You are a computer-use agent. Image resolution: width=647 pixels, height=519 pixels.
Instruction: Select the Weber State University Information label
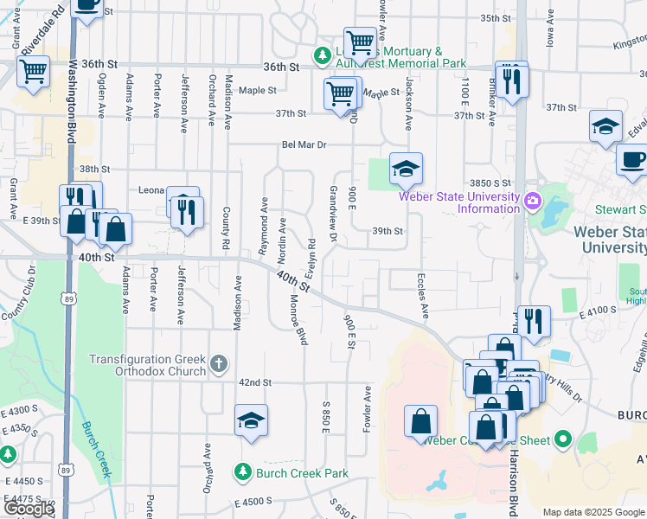(458, 202)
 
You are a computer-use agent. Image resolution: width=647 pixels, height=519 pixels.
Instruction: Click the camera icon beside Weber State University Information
(532, 202)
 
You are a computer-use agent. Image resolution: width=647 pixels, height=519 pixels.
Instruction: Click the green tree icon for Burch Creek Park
(242, 472)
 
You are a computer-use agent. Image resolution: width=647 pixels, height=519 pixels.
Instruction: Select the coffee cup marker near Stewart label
(632, 160)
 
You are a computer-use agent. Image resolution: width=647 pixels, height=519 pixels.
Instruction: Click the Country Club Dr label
(19, 302)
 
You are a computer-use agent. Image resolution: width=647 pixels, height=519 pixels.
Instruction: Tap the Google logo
(29, 509)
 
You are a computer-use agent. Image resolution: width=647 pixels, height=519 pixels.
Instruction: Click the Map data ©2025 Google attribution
(593, 512)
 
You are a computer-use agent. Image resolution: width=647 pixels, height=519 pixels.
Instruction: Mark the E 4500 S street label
(253, 501)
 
